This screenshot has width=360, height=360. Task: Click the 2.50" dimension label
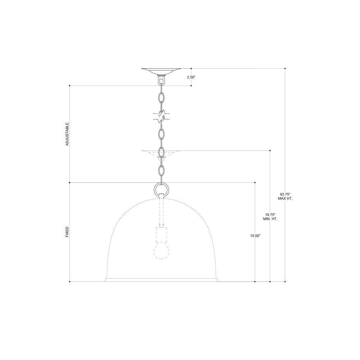coord(191,77)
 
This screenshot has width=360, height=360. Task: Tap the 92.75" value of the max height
coord(285,194)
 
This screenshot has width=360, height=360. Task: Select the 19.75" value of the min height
coord(270,215)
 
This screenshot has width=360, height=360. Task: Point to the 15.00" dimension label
coord(255,235)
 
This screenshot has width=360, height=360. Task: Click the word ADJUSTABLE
coord(67,134)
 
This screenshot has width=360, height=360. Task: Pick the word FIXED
coord(67,232)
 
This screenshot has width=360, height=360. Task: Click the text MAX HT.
coord(285,198)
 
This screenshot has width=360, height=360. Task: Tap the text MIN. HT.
coord(270,219)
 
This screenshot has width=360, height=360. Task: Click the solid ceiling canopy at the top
coord(161,71)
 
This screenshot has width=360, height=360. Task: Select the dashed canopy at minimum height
coord(161,153)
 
